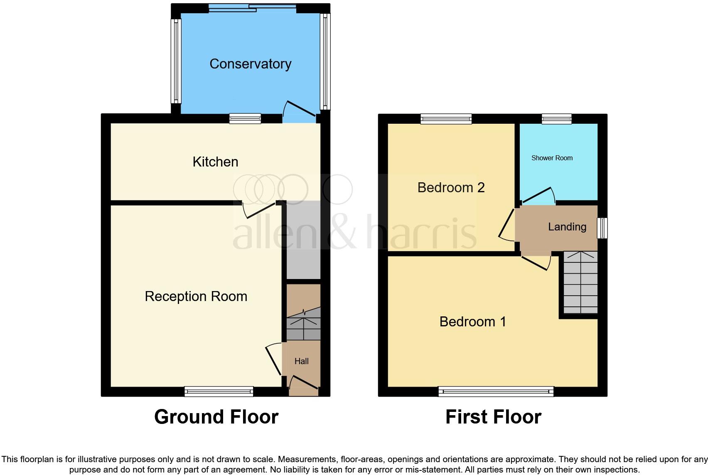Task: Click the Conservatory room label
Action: (x=250, y=64)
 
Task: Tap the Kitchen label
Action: (x=215, y=162)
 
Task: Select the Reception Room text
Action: (x=196, y=296)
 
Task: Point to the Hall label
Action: (x=302, y=361)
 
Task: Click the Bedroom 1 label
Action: (x=473, y=322)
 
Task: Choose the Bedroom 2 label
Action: (x=451, y=188)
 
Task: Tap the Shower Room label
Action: (x=552, y=158)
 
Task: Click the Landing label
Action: (x=567, y=227)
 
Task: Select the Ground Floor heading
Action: (x=216, y=417)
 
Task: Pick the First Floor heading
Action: (x=493, y=417)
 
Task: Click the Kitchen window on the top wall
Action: (x=245, y=119)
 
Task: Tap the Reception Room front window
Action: (x=219, y=391)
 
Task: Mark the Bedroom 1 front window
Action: (x=496, y=391)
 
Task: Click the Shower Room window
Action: (x=556, y=119)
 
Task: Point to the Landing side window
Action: (x=602, y=228)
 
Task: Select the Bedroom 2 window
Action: (x=446, y=119)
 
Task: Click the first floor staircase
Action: (x=580, y=282)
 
